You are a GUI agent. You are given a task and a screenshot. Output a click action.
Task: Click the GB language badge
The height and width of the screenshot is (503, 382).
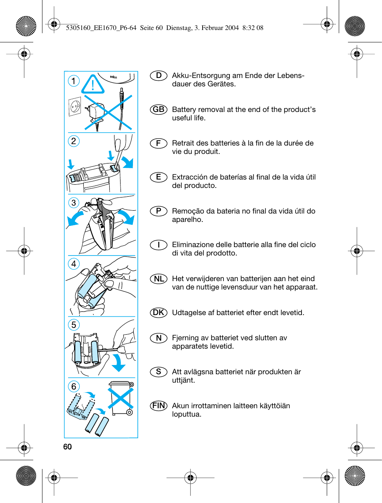click(x=159, y=110)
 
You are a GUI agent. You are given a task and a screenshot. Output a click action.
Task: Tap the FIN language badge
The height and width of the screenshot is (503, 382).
click(x=159, y=405)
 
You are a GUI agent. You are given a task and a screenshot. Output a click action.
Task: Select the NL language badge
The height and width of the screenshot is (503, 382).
click(x=159, y=279)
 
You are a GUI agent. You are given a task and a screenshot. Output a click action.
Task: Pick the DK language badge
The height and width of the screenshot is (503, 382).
click(x=159, y=313)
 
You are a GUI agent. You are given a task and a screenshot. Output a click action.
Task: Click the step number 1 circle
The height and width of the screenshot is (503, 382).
click(x=74, y=81)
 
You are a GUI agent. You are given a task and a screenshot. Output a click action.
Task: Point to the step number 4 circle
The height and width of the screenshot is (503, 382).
click(x=74, y=264)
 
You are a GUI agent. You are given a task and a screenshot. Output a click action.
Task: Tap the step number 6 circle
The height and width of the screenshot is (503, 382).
click(x=74, y=387)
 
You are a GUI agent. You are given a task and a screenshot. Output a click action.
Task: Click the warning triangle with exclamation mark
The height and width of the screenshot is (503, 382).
click(x=93, y=85)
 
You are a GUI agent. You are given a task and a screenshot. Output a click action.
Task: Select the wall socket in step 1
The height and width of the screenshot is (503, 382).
click(x=75, y=106)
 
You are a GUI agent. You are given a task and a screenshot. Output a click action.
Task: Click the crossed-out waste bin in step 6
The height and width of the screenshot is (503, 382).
click(x=120, y=398)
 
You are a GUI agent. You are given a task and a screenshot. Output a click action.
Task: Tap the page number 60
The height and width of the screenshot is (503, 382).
click(x=67, y=447)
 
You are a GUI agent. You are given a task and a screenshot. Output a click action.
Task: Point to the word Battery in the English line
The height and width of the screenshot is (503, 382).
click(x=185, y=110)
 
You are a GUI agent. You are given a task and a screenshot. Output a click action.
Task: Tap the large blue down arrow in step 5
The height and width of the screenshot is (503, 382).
click(x=118, y=363)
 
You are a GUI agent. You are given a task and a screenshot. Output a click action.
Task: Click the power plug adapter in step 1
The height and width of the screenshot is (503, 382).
click(x=96, y=112)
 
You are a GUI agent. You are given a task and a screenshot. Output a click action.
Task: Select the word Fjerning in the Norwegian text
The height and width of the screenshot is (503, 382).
click(x=185, y=338)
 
